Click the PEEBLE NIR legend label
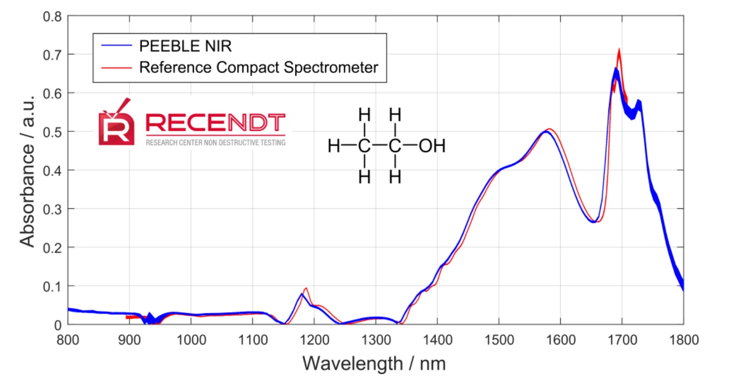(x=185, y=47)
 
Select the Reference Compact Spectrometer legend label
(x=259, y=67)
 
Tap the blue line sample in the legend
(x=117, y=47)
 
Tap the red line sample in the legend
(x=117, y=67)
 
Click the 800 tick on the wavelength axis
(x=68, y=339)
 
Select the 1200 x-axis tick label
(x=314, y=339)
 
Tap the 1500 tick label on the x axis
(x=498, y=339)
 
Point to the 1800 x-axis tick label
(x=683, y=339)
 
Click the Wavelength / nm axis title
(x=374, y=363)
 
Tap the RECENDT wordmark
(x=215, y=123)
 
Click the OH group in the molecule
(x=432, y=146)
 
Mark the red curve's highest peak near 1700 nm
(x=619, y=50)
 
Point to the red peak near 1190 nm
(x=306, y=288)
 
